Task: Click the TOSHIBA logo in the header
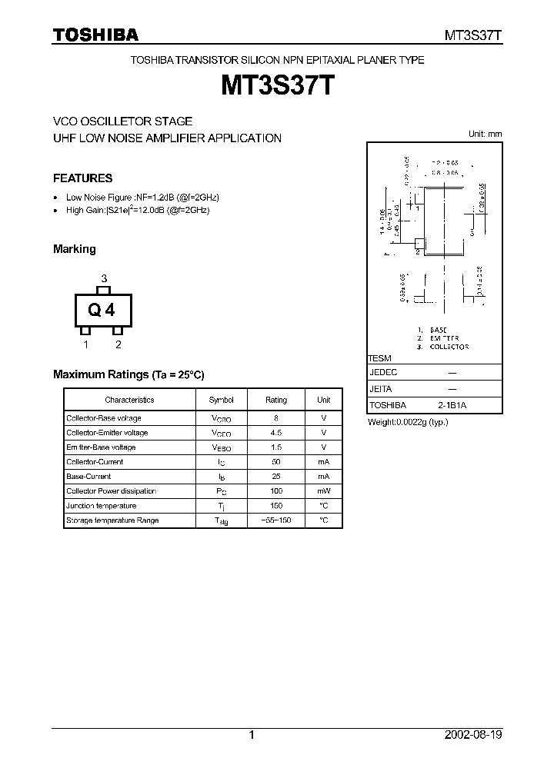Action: point(95,35)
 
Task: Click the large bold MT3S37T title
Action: point(277,85)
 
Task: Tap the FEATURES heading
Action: point(82,178)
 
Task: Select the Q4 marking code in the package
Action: point(102,310)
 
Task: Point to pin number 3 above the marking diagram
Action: point(104,278)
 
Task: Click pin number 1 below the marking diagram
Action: point(86,344)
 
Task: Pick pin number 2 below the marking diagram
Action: point(118,344)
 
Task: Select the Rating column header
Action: point(276,400)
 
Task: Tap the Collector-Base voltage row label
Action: point(104,418)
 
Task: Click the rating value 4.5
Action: point(276,433)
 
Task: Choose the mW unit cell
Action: point(323,491)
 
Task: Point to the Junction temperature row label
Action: point(101,506)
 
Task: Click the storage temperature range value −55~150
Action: point(276,520)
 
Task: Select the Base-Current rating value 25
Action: point(276,477)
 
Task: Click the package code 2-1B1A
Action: point(452,405)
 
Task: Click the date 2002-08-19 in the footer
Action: point(474,735)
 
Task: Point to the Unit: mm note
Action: point(485,134)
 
